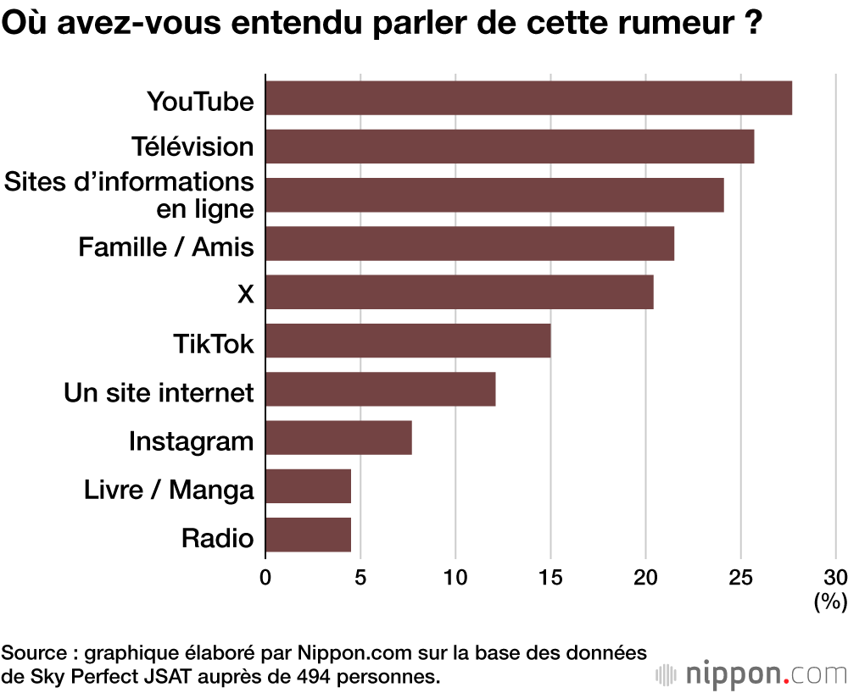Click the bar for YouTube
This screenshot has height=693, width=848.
[528, 97]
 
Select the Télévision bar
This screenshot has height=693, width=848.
[510, 147]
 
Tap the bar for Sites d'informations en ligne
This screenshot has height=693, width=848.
[494, 195]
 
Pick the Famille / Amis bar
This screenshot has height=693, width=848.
[470, 244]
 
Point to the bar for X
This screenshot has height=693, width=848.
[460, 292]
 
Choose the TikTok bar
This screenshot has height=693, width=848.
[408, 341]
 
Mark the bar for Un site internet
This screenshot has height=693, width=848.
[381, 390]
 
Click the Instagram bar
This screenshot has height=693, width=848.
[338, 438]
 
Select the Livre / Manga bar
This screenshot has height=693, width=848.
[308, 487]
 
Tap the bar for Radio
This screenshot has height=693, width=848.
[308, 535]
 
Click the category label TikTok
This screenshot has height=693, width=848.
[213, 344]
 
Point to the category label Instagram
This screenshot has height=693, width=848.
[191, 441]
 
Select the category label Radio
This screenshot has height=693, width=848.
[217, 539]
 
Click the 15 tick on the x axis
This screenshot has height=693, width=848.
[550, 578]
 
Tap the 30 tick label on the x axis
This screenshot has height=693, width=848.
[835, 578]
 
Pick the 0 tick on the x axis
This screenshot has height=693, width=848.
[265, 578]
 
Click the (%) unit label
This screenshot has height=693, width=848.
[830, 602]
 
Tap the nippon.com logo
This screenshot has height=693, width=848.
[752, 675]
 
